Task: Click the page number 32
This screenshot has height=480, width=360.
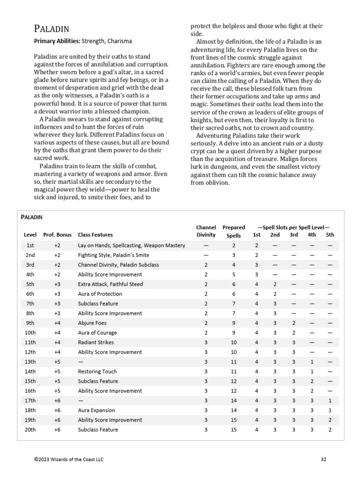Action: [x=323, y=459]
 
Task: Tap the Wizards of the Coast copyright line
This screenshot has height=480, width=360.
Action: [x=69, y=459]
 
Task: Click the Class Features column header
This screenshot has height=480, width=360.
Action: [x=95, y=234]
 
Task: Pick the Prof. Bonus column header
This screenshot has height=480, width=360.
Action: [x=57, y=234]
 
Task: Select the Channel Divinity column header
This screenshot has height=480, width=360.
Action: [x=206, y=231]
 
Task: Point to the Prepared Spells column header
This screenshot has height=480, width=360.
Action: [x=233, y=231]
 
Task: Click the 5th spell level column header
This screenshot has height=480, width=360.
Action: [x=330, y=234]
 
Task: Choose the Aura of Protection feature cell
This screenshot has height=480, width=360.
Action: [x=100, y=294]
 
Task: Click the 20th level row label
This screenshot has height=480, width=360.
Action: [x=30, y=429]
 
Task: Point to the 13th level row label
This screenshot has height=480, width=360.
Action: [x=30, y=362]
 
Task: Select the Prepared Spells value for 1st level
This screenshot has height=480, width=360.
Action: [x=233, y=245]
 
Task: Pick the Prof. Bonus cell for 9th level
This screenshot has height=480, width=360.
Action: [x=57, y=323]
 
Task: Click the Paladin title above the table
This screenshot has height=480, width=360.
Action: [x=32, y=217]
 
